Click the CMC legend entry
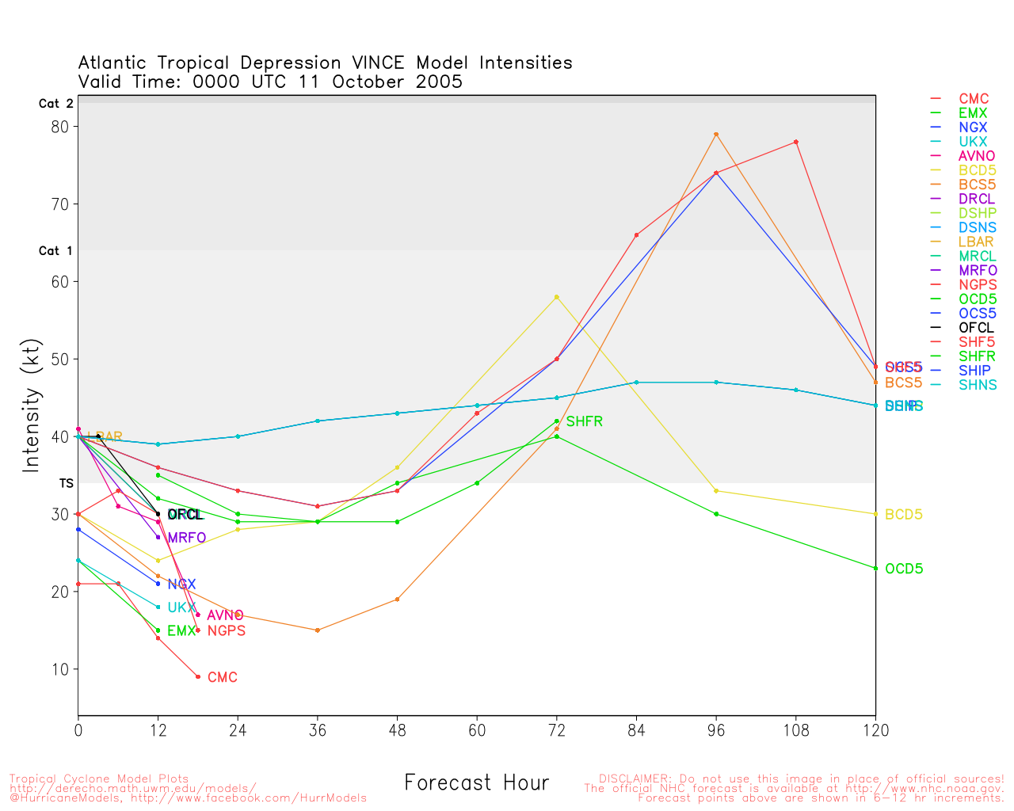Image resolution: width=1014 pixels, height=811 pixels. tap(974, 99)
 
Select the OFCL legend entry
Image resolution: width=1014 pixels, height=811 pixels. tap(976, 328)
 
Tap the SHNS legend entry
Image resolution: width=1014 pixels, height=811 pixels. tap(978, 385)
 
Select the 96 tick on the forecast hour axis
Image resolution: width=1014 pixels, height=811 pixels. tap(716, 731)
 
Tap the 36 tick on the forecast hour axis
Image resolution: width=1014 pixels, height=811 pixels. tap(318, 731)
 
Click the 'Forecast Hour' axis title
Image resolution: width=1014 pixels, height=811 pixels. tap(476, 783)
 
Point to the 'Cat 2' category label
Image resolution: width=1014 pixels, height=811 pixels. tap(55, 104)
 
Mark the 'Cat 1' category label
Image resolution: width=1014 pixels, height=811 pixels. tap(55, 251)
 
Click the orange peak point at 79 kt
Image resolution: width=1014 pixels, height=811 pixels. tap(716, 135)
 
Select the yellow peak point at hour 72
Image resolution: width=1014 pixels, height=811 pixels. tap(557, 297)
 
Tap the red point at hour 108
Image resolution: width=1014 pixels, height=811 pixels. tap(796, 142)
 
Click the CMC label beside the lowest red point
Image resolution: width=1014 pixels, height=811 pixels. tap(223, 678)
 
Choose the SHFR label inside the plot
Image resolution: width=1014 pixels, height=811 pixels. tap(585, 422)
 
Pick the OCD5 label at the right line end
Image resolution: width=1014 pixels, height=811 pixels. tap(904, 569)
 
